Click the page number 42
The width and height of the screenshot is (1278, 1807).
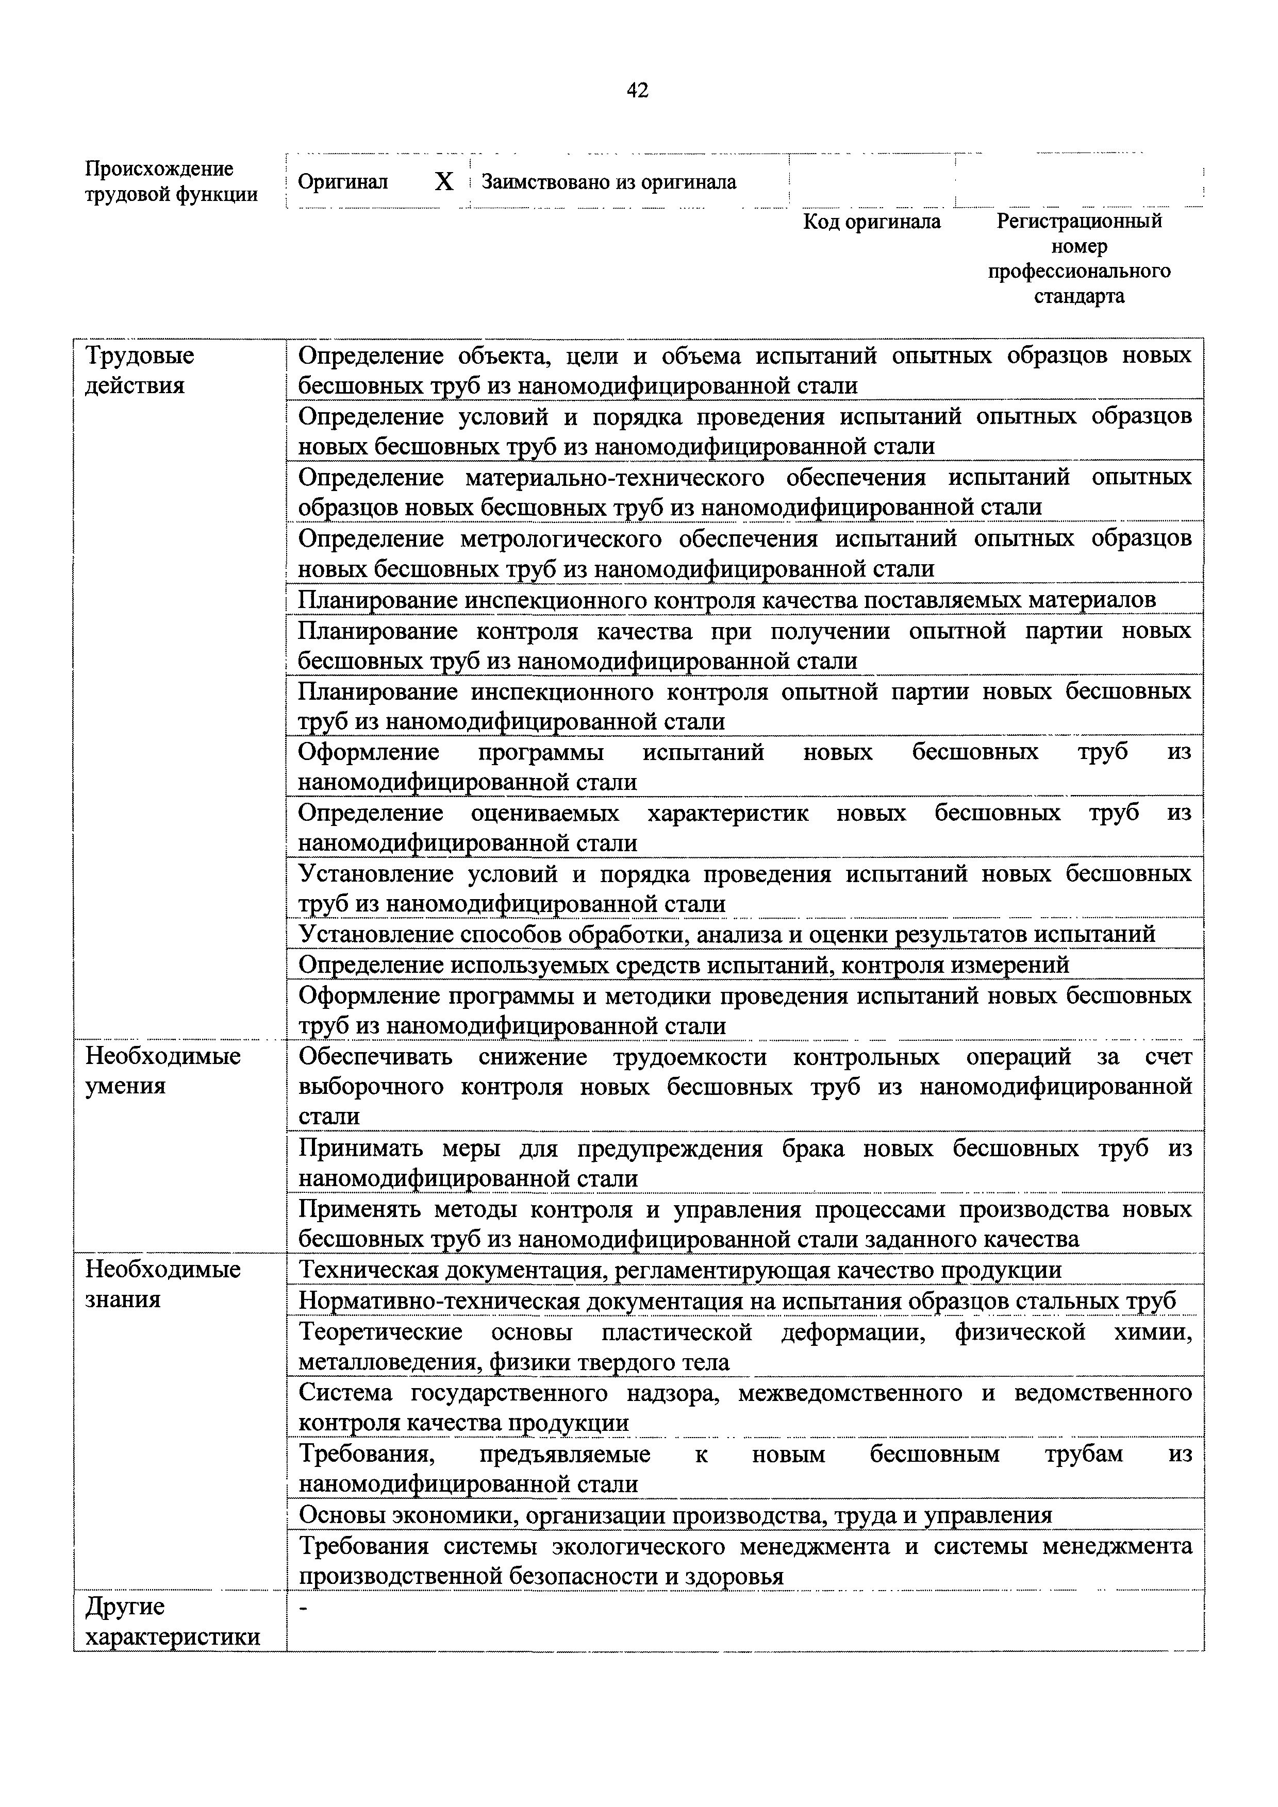pos(637,91)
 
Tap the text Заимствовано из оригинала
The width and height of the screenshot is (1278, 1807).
pos(609,182)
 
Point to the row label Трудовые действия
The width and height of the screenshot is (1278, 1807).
pos(139,370)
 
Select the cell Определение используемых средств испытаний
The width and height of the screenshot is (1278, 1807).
pos(684,964)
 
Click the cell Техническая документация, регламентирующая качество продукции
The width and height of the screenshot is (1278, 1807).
pos(679,1270)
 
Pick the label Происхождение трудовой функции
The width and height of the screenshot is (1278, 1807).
pos(170,182)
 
